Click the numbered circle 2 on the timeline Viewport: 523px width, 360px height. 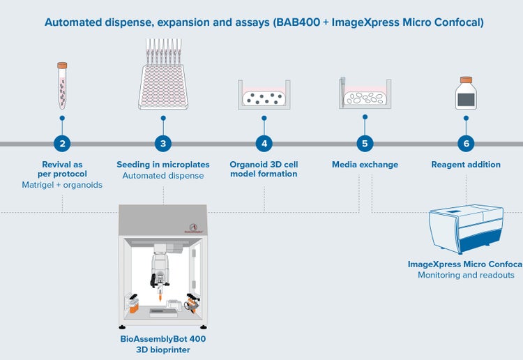(63, 144)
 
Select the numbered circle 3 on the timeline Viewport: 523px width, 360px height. (163, 144)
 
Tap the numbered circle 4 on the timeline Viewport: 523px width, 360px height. (264, 144)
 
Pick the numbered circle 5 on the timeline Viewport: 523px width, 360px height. (364, 144)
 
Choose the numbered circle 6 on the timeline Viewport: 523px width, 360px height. (466, 144)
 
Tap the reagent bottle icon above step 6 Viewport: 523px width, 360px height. (465, 93)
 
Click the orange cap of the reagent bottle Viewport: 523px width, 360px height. (465, 80)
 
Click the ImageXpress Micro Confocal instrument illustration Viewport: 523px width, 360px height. (466, 227)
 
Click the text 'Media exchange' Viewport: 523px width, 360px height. (365, 165)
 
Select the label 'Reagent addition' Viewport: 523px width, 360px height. (466, 165)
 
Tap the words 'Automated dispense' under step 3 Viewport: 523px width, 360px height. (163, 176)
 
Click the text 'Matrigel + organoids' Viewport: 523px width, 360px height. (62, 185)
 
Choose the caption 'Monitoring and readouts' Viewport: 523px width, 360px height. (466, 275)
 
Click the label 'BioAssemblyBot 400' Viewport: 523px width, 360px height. (163, 338)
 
